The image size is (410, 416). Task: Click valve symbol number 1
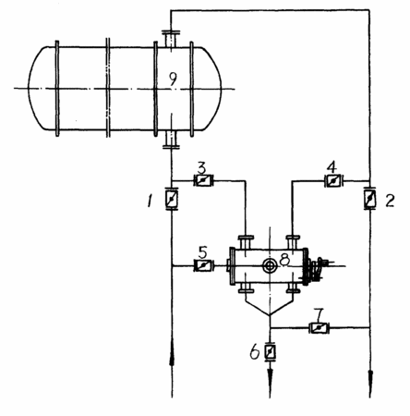coord(172,199)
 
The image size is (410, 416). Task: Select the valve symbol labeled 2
coord(369,198)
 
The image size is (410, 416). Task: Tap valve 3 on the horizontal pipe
coord(203,180)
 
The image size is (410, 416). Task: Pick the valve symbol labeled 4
coord(333,180)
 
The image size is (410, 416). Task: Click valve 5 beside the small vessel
coord(203,265)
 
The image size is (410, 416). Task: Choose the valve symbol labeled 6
coord(270,350)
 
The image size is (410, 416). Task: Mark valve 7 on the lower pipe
coord(319,327)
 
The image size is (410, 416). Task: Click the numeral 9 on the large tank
coord(174,79)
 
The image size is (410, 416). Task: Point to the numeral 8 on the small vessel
coord(284,260)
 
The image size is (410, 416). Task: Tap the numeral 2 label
coord(391,201)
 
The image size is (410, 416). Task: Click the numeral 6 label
coord(255,352)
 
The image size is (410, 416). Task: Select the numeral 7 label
coord(319,314)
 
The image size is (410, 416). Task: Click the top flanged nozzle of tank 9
coord(171,39)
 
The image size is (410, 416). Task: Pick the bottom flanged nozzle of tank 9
coord(171,140)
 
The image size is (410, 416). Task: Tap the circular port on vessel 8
coord(270,265)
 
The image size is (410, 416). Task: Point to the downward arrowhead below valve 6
coord(270,372)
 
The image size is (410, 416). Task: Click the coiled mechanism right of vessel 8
coord(317,269)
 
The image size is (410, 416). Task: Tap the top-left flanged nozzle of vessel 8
coord(246,242)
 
